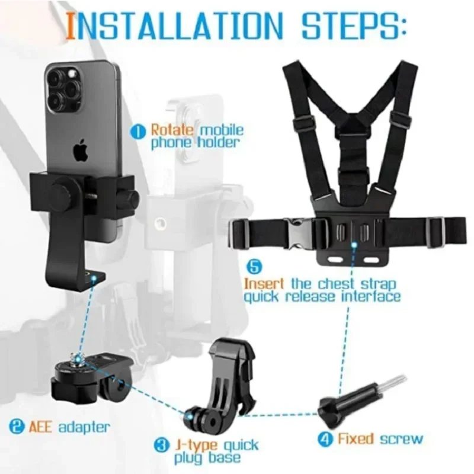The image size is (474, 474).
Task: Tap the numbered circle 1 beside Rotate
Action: click(x=139, y=130)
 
